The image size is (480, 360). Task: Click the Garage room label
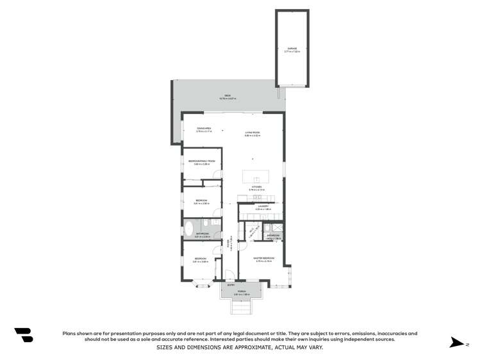292,51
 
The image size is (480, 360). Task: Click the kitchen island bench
257,177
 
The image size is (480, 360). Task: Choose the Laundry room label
263,208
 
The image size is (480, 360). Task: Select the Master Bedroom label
264,259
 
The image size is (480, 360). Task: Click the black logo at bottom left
24,334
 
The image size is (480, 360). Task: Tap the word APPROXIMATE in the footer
249,347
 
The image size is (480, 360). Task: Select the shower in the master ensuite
277,227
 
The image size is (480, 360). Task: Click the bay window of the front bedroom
203,284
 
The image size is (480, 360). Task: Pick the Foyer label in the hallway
228,243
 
